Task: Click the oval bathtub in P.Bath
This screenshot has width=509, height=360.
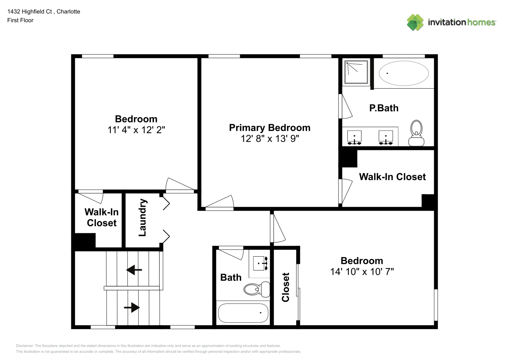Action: [x=404, y=73]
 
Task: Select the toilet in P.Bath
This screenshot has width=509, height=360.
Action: [x=416, y=133]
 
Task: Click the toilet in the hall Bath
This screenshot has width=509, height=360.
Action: [x=257, y=289]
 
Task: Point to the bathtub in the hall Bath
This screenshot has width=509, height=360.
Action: [x=243, y=313]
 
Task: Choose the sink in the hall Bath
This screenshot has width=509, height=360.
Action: [x=260, y=264]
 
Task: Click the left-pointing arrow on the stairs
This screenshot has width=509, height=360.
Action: [x=134, y=270]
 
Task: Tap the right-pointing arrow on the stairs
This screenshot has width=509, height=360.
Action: [x=132, y=307]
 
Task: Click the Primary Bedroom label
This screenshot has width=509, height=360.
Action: [x=270, y=128]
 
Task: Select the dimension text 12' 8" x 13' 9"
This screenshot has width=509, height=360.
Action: [x=270, y=139]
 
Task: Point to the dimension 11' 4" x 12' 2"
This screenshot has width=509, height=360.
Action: [x=136, y=130]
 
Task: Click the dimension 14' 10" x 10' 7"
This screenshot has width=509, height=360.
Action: [x=362, y=271]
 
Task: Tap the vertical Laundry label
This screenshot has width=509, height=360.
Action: [x=143, y=217]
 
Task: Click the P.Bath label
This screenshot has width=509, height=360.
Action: [x=384, y=108]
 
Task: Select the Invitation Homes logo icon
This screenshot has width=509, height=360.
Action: [x=415, y=22]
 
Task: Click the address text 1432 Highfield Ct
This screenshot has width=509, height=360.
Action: [x=30, y=12]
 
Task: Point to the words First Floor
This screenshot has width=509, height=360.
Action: [x=20, y=20]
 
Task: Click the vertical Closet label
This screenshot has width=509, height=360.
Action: [x=285, y=287]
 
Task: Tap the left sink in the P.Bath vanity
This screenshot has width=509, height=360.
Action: [x=354, y=137]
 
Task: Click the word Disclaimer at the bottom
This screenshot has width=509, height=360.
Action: [x=25, y=346]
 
